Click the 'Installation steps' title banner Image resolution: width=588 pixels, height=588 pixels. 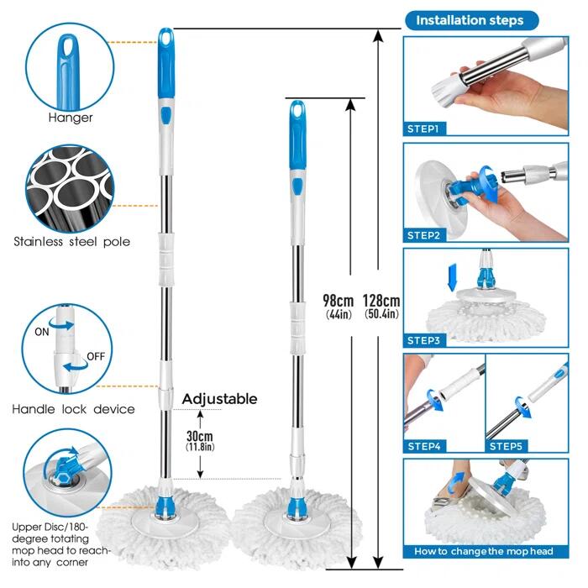point(472,20)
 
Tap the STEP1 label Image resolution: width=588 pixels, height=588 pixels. point(423,129)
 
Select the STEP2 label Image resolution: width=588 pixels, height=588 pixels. point(423,235)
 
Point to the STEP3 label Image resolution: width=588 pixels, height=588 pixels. point(423,340)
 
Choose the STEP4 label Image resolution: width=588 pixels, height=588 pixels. point(424,446)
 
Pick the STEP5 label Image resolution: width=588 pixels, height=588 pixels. point(506,446)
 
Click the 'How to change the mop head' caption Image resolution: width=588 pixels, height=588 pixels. point(484,551)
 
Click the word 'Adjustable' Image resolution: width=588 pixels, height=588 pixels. point(220,399)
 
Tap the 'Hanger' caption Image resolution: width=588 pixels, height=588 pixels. point(71,118)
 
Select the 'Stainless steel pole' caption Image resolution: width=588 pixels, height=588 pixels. point(72,242)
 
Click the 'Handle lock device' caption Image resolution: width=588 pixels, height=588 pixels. point(74,409)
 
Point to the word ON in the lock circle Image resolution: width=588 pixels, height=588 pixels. point(42,332)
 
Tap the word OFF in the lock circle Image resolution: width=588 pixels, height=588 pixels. point(96,356)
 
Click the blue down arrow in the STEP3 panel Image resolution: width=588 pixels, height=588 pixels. point(453,277)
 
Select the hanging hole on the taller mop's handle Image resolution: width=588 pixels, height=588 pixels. point(165,37)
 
